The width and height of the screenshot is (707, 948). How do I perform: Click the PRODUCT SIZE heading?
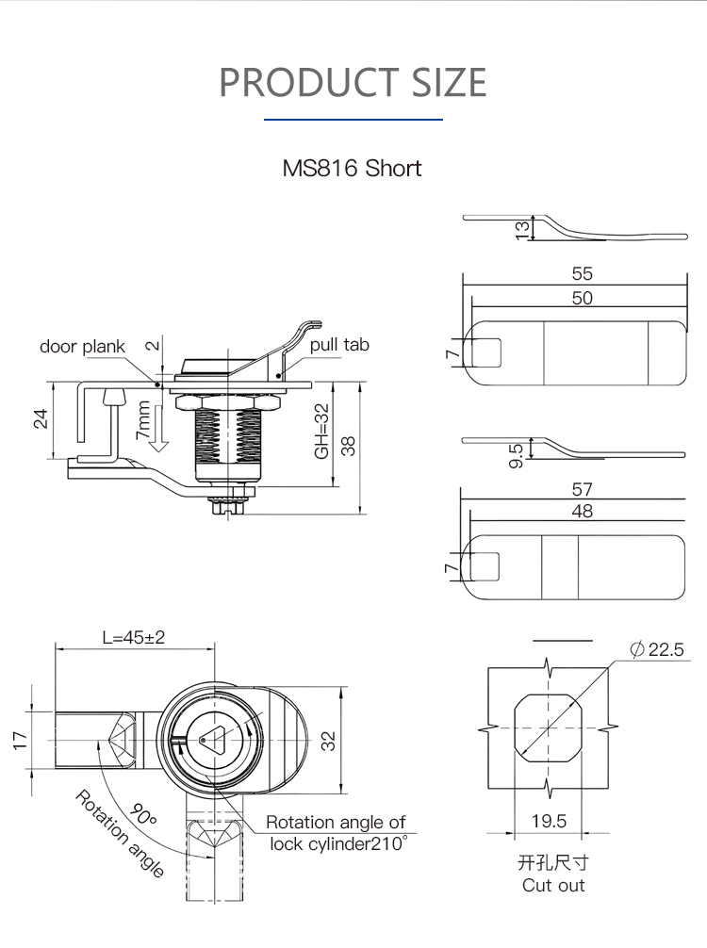pyautogui.click(x=353, y=82)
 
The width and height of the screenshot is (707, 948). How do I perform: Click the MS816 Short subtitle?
pyautogui.click(x=352, y=169)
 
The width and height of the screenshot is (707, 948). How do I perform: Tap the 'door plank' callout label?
pyautogui.click(x=82, y=347)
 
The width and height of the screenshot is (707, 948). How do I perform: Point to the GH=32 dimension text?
pyautogui.click(x=322, y=432)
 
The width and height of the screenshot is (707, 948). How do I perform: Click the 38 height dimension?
pyautogui.click(x=350, y=446)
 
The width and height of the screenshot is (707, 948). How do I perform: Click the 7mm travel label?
pyautogui.click(x=142, y=421)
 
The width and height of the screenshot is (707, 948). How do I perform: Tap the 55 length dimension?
pyautogui.click(x=582, y=274)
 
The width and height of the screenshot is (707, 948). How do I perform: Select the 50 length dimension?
pyautogui.click(x=582, y=298)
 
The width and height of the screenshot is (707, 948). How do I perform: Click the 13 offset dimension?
pyautogui.click(x=522, y=229)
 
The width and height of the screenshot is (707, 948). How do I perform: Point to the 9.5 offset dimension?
pyautogui.click(x=516, y=455)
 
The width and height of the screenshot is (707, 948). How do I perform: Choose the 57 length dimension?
pyautogui.click(x=582, y=489)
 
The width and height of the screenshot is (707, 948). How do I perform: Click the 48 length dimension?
pyautogui.click(x=582, y=511)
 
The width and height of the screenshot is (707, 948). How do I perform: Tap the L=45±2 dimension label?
pyautogui.click(x=133, y=637)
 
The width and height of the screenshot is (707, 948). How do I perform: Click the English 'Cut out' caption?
pyautogui.click(x=553, y=885)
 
